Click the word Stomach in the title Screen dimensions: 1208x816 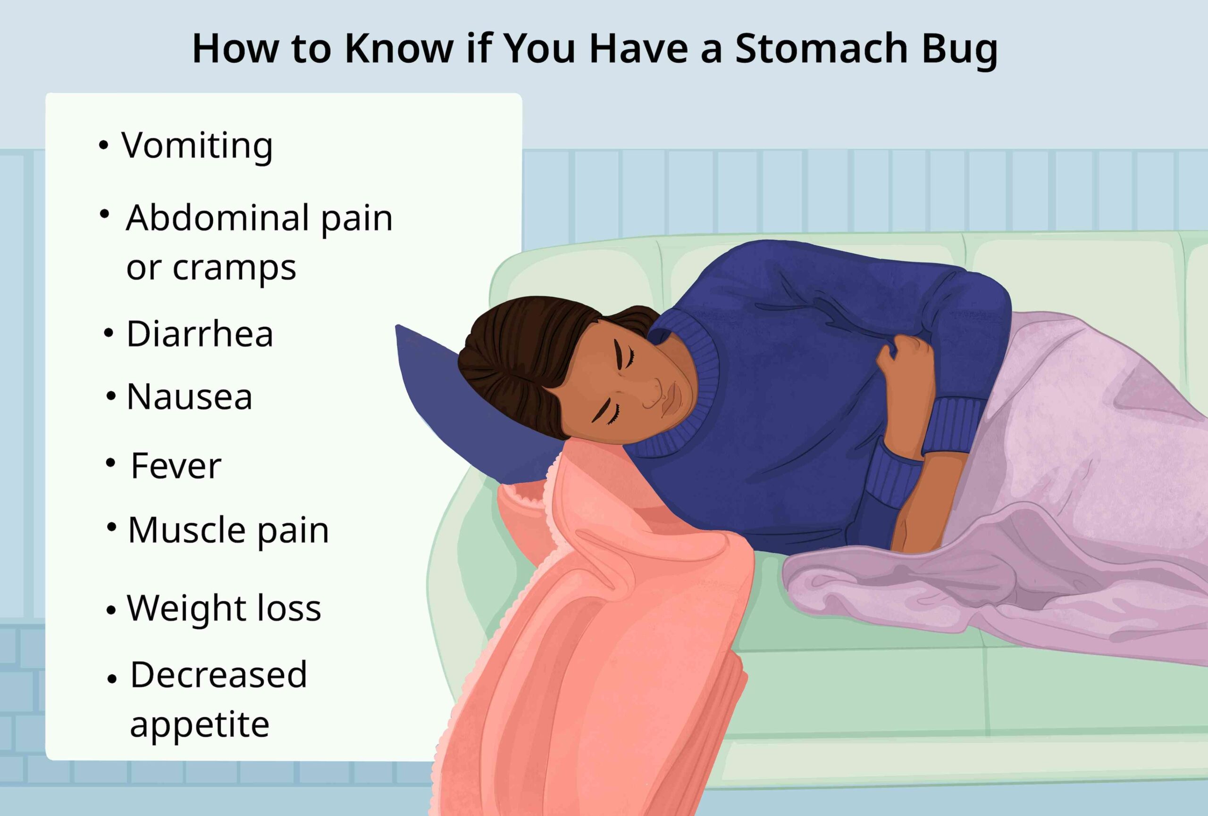point(821,48)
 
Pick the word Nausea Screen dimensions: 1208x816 point(189,397)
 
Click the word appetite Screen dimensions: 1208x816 point(200,725)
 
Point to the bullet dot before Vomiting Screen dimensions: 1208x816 point(104,146)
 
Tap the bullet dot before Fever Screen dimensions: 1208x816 point(111,462)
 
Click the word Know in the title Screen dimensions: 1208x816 point(399,48)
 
